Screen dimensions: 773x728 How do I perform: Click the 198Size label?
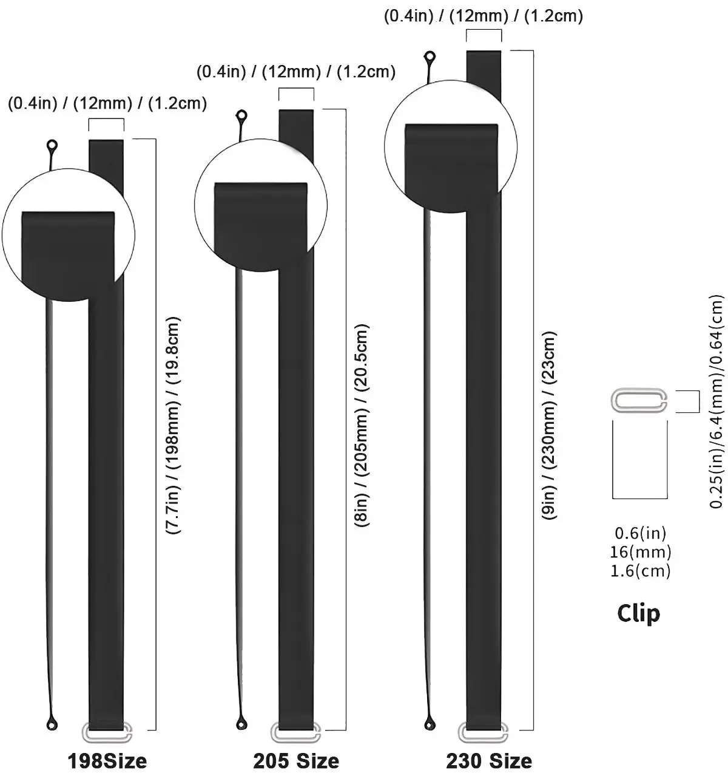pyautogui.click(x=107, y=760)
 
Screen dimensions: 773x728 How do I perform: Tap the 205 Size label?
pyautogui.click(x=296, y=760)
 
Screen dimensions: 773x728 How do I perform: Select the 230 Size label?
pyautogui.click(x=489, y=760)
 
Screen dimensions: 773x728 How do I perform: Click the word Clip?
pyautogui.click(x=638, y=613)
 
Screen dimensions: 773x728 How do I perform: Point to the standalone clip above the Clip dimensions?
pyautogui.click(x=639, y=401)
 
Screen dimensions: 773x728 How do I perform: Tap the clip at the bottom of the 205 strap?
pyautogui.click(x=296, y=733)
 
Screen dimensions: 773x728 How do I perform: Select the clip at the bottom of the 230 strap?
pyautogui.click(x=484, y=733)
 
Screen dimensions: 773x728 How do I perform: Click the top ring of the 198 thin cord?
pyautogui.click(x=52, y=146)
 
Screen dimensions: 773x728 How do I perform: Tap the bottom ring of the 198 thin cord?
pyautogui.click(x=52, y=724)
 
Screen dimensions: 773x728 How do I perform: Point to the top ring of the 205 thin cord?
pyautogui.click(x=241, y=115)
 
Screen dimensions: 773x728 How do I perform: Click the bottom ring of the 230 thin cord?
pyautogui.click(x=430, y=723)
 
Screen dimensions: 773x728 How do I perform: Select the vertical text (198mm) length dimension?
pyautogui.click(x=174, y=425)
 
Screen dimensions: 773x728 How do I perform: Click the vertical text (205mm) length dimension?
pyautogui.click(x=362, y=425)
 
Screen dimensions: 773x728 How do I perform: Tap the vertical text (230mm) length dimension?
pyautogui.click(x=549, y=425)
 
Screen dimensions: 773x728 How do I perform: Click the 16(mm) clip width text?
pyautogui.click(x=642, y=552)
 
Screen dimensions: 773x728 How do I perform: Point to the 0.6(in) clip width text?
pyautogui.click(x=641, y=533)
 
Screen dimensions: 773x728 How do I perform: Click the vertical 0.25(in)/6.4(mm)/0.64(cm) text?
pyautogui.click(x=717, y=401)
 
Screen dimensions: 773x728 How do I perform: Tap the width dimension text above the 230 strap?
pyautogui.click(x=483, y=16)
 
